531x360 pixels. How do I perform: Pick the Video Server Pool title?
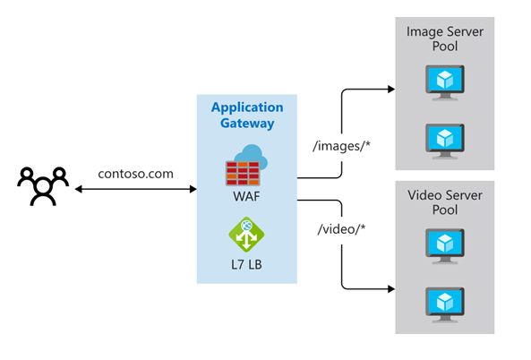point(445,201)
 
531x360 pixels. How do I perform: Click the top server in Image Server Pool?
point(445,83)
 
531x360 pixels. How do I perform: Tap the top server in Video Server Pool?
point(445,245)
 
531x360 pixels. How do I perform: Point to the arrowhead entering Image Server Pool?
point(390,90)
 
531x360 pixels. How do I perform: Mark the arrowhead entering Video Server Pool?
point(390,289)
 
